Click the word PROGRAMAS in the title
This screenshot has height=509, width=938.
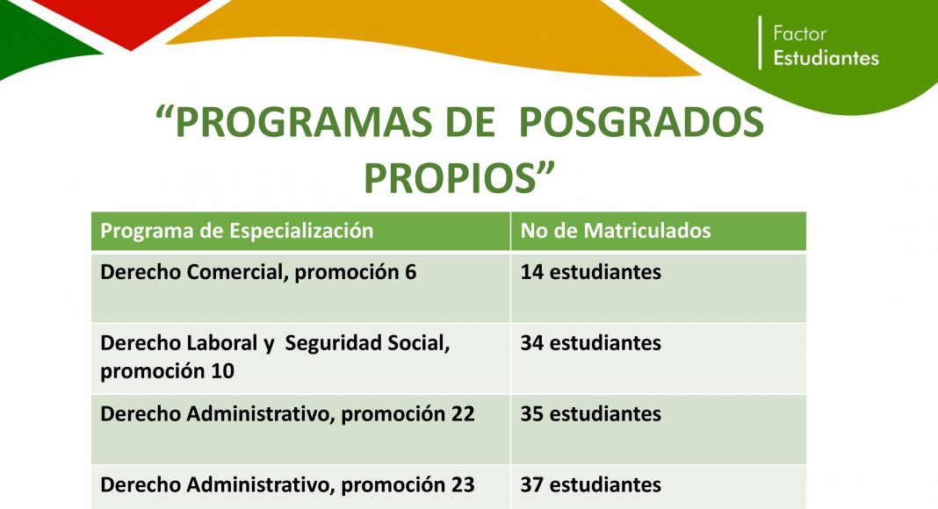(304, 123)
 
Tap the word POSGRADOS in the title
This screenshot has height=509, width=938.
(640, 123)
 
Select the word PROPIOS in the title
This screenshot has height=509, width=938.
(450, 178)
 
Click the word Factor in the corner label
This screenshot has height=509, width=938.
(799, 33)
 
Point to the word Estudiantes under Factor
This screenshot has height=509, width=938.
(826, 58)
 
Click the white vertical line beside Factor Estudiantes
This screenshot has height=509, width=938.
(760, 42)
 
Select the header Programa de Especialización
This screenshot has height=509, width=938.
(237, 231)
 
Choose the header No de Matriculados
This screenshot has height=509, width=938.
(616, 231)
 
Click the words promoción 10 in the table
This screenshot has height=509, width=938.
(167, 371)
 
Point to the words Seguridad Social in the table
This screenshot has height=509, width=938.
(367, 343)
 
